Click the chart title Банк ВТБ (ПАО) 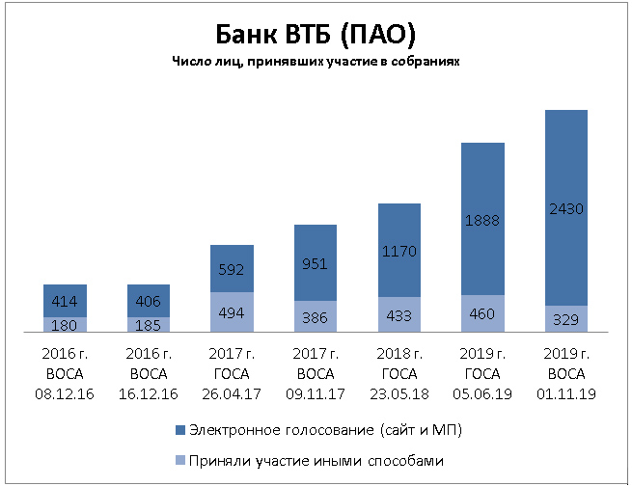316,35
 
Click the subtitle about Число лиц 316,61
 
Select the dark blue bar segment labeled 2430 566,207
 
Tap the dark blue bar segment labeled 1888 482,219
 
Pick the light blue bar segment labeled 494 232,312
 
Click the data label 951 315,264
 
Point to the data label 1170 399,252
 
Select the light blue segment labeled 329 566,319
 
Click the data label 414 65,301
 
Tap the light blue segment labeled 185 149,325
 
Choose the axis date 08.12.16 65,393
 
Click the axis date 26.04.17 232,393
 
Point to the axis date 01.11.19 566,393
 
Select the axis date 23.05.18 399,393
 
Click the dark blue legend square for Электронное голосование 180,430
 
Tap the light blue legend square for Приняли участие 180,460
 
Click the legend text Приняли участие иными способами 316,461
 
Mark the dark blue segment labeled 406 149,301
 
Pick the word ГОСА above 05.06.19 482,374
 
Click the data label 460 482,313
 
